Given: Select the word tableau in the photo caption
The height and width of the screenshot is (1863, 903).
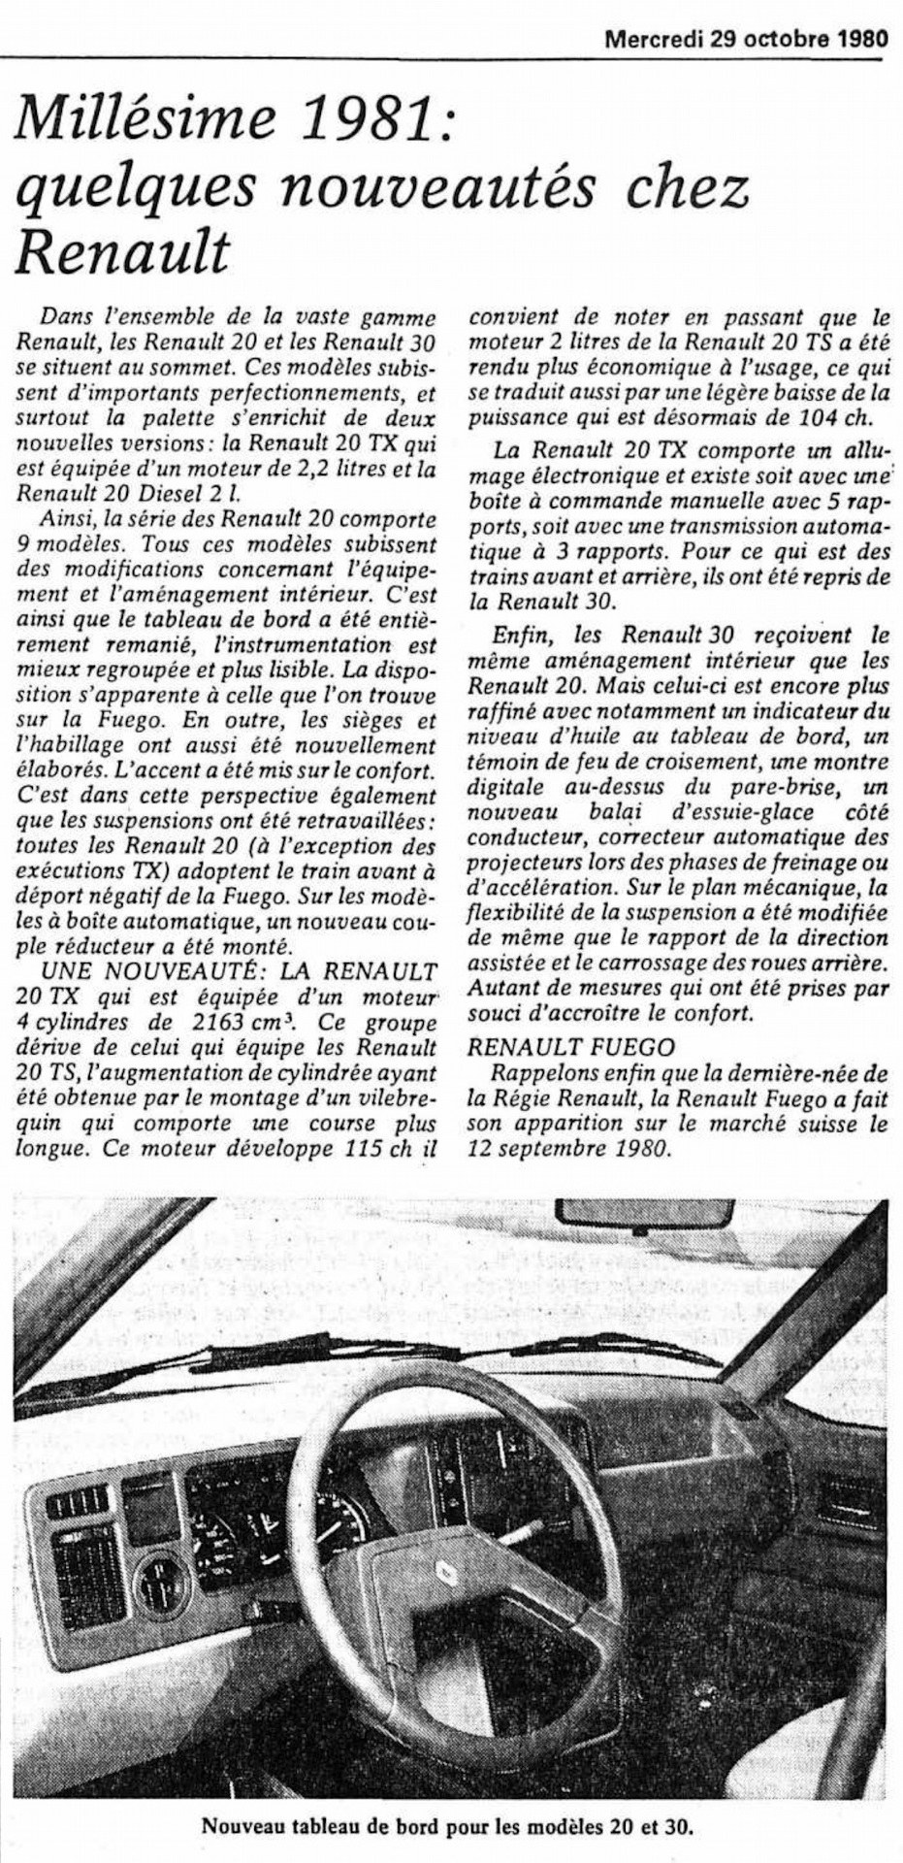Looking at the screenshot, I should (x=311, y=1826).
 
